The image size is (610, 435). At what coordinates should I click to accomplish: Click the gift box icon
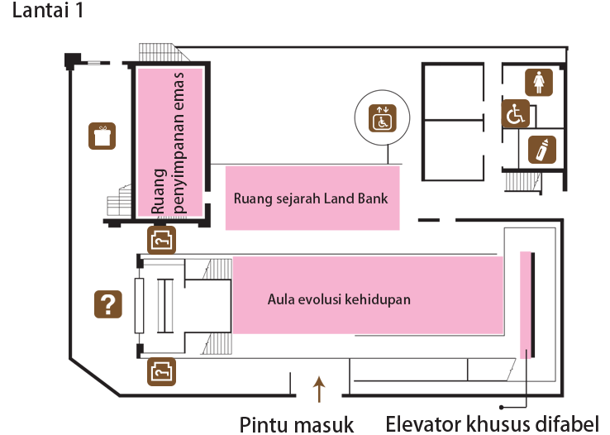102,136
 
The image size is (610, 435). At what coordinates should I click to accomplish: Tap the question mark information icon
108,304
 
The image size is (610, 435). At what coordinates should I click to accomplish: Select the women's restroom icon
539,82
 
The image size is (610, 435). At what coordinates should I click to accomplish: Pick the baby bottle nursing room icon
542,150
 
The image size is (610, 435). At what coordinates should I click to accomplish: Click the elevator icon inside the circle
383,118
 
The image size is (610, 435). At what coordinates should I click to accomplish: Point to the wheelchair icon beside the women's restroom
516,113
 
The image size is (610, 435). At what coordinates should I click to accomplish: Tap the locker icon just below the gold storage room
161,240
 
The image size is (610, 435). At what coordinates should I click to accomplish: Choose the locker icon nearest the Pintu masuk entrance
161,372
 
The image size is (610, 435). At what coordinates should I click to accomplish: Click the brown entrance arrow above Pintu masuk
319,389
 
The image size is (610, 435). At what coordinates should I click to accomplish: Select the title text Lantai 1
48,10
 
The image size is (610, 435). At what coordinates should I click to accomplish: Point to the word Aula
279,299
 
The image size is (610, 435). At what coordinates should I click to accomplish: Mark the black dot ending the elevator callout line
502,407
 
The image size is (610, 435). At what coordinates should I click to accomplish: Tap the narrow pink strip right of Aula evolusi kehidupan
526,304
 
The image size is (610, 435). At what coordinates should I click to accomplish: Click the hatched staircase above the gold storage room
164,53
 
